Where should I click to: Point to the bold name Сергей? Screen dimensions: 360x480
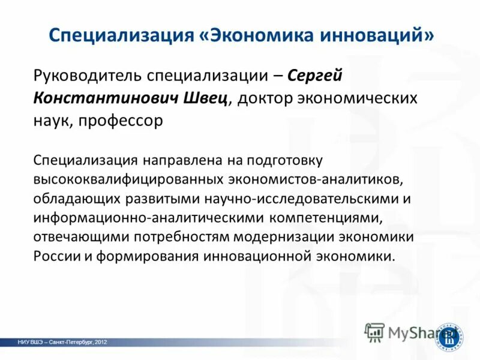tap(316, 76)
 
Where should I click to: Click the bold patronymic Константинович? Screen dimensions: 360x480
tap(103, 98)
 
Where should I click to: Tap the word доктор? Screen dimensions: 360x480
tap(264, 98)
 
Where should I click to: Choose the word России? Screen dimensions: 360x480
tap(53, 256)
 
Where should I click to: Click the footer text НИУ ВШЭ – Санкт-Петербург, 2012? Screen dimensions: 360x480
tap(62, 342)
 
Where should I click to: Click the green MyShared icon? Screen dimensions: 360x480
tap(375, 331)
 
